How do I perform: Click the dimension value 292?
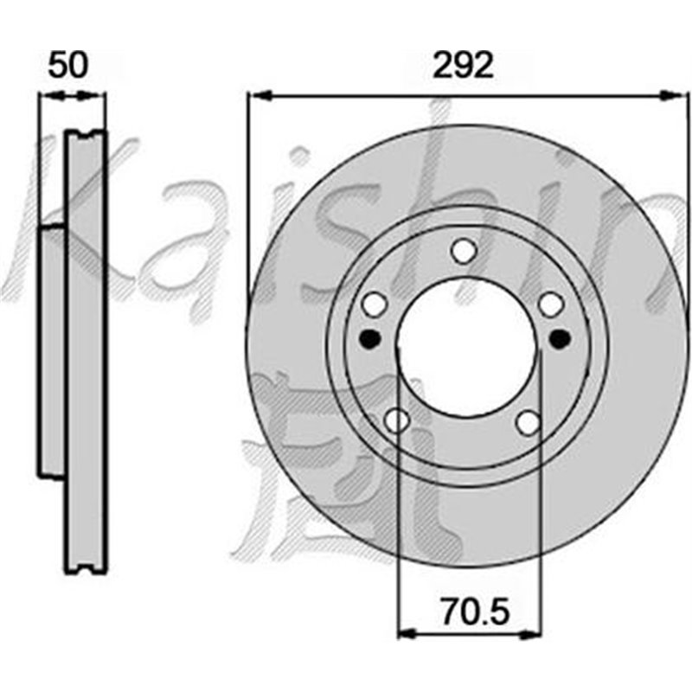(464, 65)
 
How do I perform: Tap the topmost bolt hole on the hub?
(464, 251)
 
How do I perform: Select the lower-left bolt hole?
(396, 420)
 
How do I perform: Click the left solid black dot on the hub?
(369, 338)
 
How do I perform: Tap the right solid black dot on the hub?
(559, 338)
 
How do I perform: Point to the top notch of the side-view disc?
(86, 134)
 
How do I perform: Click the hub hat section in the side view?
(53, 350)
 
